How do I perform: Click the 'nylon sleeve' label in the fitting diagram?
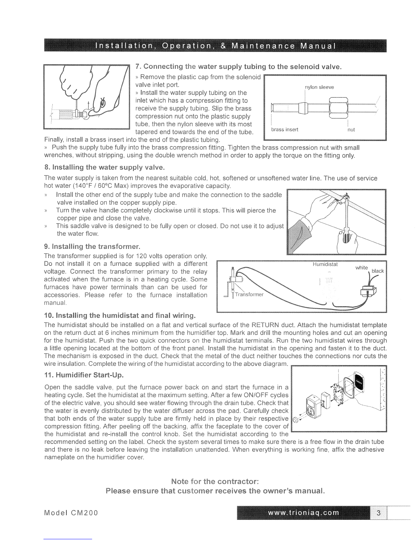click(319, 87)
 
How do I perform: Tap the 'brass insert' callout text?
click(284, 130)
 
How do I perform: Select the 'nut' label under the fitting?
click(351, 130)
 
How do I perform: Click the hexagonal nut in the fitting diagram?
click(338, 108)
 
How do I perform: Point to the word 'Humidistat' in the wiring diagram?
click(325, 264)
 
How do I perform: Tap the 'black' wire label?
click(378, 271)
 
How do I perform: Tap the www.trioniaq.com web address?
click(304, 513)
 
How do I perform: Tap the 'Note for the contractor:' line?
click(214, 482)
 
